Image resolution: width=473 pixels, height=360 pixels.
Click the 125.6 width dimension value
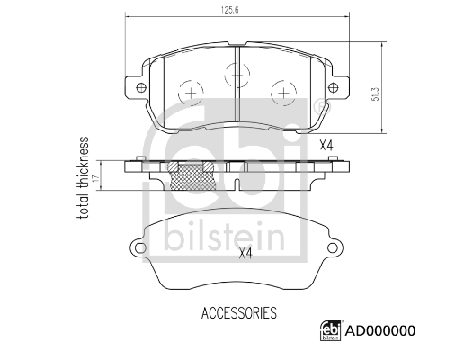coord(230,10)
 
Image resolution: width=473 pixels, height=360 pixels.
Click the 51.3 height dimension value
coord(375,94)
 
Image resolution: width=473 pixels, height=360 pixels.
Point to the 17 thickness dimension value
coord(95,178)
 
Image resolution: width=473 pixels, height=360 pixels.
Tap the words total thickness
coord(84,178)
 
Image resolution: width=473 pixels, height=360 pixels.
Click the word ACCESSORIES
coord(239,313)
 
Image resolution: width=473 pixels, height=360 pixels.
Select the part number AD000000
coord(380,330)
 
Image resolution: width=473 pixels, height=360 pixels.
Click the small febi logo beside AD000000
coord(331,330)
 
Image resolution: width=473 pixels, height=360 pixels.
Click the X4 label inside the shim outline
coord(245,254)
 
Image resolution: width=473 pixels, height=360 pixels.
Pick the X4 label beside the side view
coord(326,146)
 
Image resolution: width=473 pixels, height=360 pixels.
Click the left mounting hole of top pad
coord(141,88)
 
